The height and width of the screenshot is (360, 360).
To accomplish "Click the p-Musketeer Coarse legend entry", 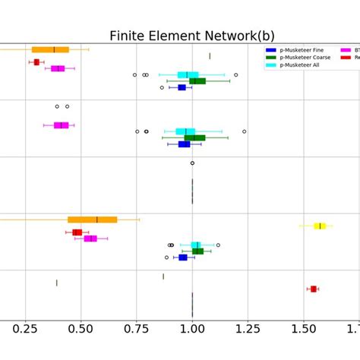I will tap(305, 57).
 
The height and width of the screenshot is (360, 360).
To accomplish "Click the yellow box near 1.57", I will tap(320, 226).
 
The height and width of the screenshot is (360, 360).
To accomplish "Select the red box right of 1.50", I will tap(313, 289).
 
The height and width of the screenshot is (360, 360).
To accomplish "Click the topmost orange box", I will tap(50, 49).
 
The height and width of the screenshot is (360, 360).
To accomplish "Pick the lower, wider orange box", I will tap(92, 219).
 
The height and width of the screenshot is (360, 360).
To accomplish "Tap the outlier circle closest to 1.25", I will tap(244, 131).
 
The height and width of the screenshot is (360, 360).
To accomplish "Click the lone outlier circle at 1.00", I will tap(192, 163).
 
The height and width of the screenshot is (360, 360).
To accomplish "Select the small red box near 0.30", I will tap(36, 62).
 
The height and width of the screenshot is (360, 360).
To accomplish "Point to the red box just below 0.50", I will tap(77, 232).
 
